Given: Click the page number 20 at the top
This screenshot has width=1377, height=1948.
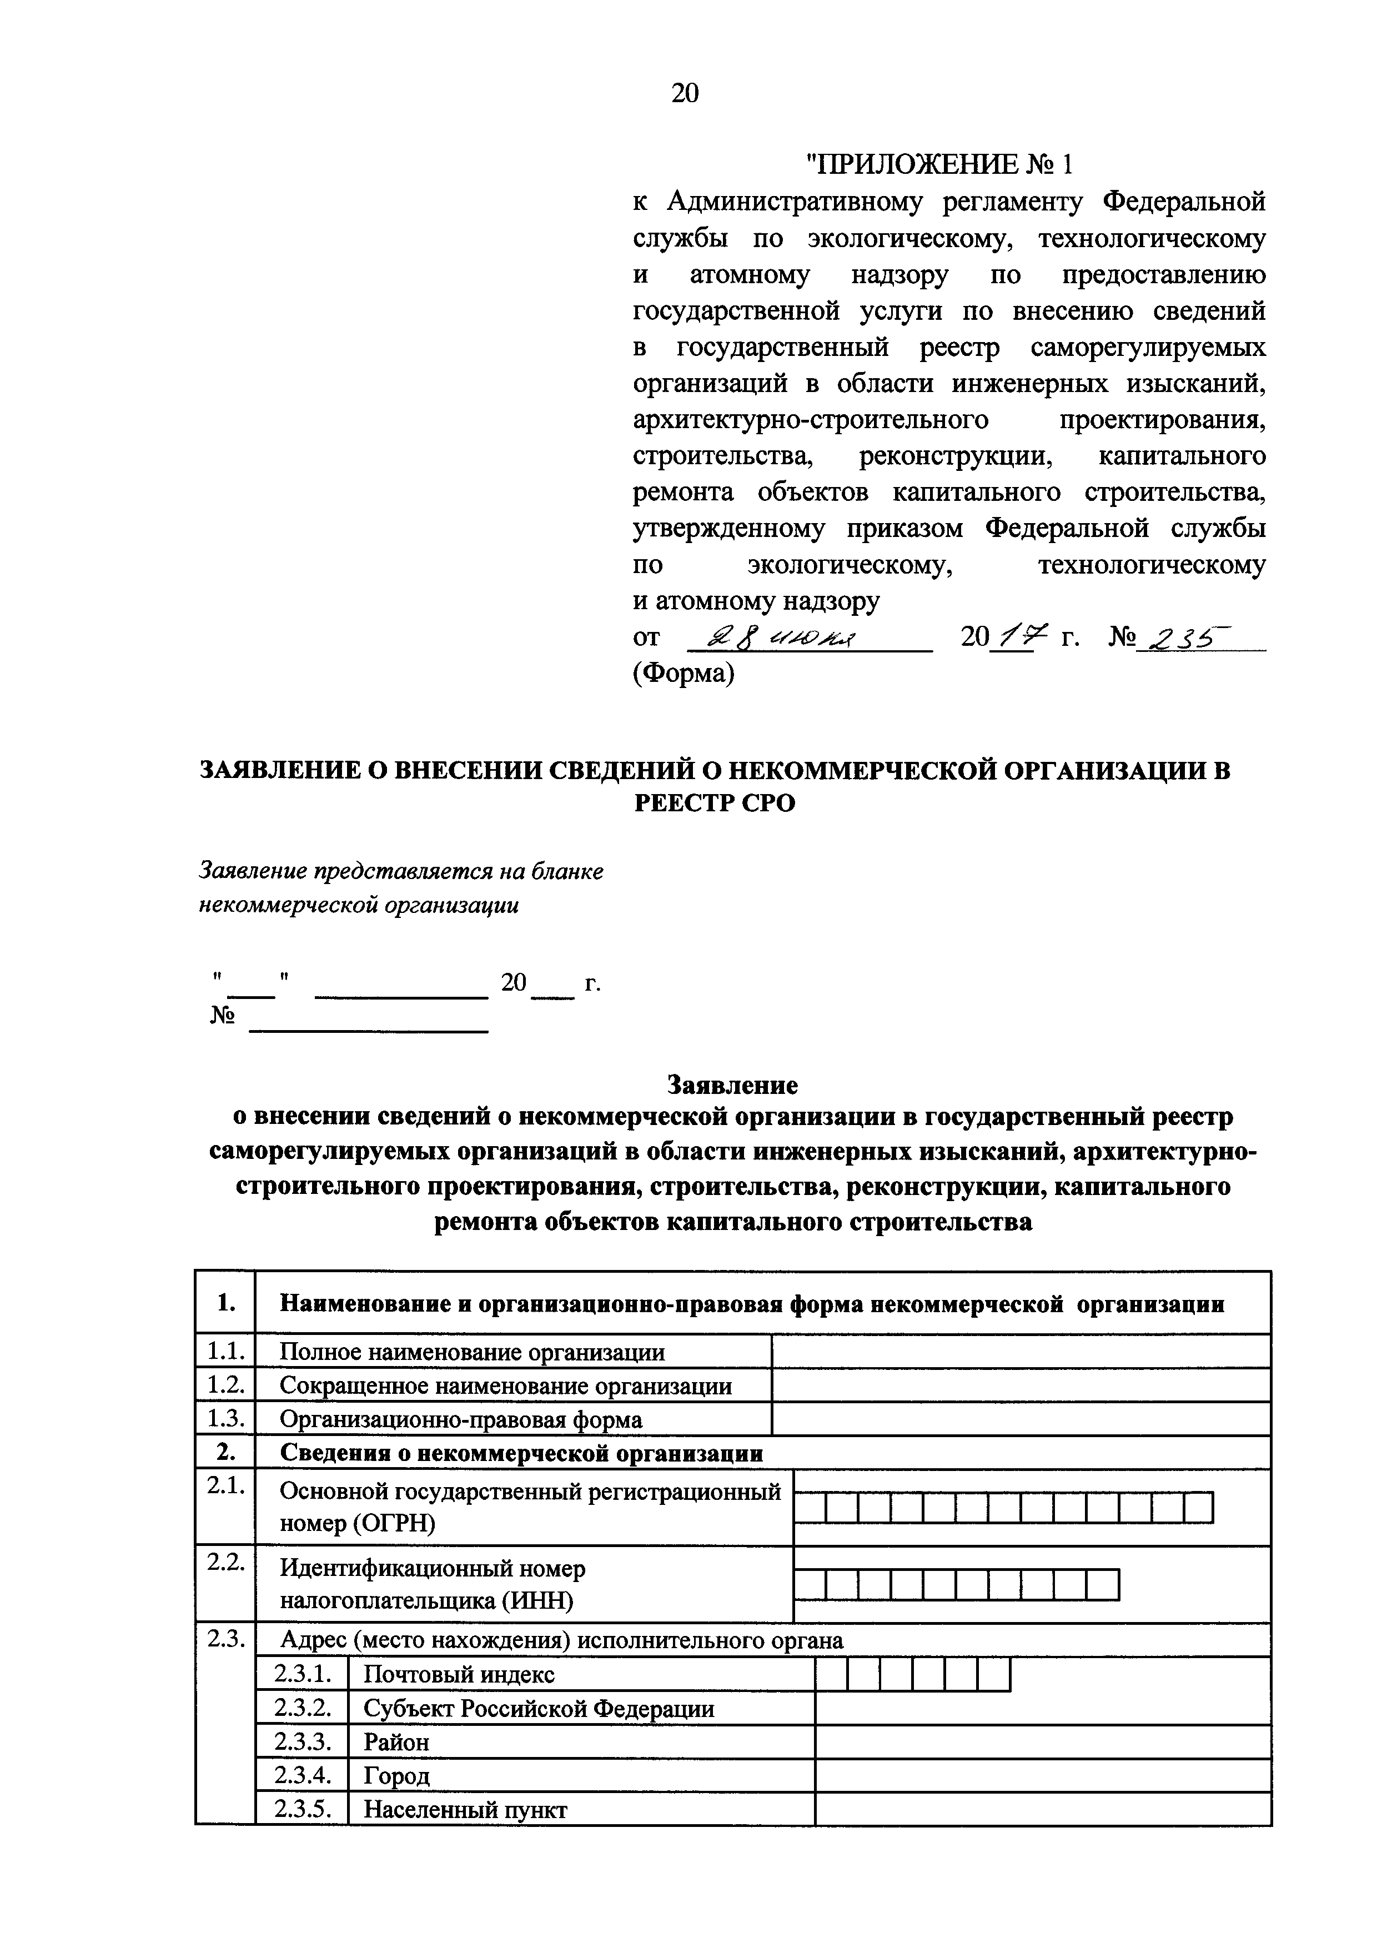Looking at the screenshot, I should click(685, 93).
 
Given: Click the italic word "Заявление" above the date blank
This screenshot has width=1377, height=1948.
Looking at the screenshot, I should click(252, 871).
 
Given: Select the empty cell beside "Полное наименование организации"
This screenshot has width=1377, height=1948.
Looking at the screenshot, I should click(1020, 1352).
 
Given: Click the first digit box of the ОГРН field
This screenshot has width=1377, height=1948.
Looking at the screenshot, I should click(810, 1508).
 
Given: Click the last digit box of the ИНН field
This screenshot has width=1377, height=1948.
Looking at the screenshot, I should click(1103, 1585).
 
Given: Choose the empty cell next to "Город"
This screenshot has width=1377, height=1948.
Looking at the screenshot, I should click(1042, 1776).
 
